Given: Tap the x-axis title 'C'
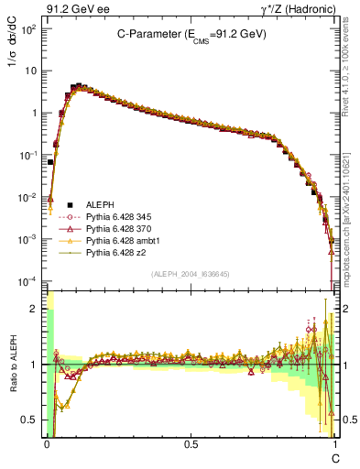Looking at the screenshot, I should (x=335, y=455).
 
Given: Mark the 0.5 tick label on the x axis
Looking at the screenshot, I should (x=191, y=443).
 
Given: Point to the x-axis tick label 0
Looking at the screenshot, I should (x=46, y=443).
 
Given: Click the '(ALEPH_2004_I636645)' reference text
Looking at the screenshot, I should (x=190, y=273).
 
